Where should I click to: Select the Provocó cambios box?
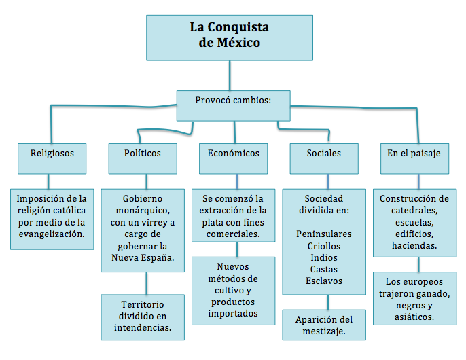233,100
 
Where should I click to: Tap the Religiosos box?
52,154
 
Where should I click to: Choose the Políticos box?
143,154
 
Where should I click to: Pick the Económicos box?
233,154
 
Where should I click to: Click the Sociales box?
324,154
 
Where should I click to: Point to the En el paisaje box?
414,154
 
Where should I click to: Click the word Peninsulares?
324,234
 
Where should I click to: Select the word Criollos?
324,246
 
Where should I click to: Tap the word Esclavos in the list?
324,281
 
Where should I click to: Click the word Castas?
324,269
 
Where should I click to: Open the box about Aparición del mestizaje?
325,325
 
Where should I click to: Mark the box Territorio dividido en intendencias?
143,317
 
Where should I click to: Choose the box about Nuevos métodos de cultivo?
233,290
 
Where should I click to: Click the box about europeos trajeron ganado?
414,298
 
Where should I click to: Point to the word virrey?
160,222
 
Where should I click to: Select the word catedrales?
414,211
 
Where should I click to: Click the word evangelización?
52,234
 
